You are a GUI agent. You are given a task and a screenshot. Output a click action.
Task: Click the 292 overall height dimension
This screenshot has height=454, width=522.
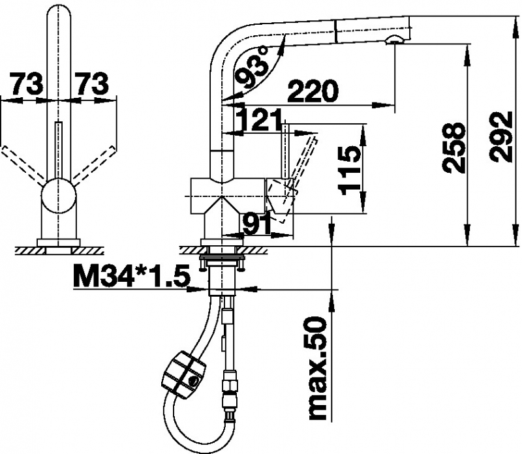(502, 137)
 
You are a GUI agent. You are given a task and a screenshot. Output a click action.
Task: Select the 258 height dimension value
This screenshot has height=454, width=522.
(453, 148)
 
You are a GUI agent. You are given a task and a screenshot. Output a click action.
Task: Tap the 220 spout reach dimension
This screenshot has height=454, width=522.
(313, 91)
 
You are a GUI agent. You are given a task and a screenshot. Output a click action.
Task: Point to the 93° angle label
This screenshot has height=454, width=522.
(254, 68)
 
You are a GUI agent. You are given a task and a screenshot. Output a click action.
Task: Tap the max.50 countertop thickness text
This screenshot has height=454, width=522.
(318, 368)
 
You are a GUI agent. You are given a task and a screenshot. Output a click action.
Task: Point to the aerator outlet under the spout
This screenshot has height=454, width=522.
(395, 40)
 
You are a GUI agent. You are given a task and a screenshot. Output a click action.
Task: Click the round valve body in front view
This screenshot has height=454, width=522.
(59, 195)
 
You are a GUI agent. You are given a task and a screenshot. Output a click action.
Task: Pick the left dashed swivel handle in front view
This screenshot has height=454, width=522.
(23, 165)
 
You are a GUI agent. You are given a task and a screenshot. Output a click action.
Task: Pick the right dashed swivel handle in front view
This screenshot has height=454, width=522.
(95, 165)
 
